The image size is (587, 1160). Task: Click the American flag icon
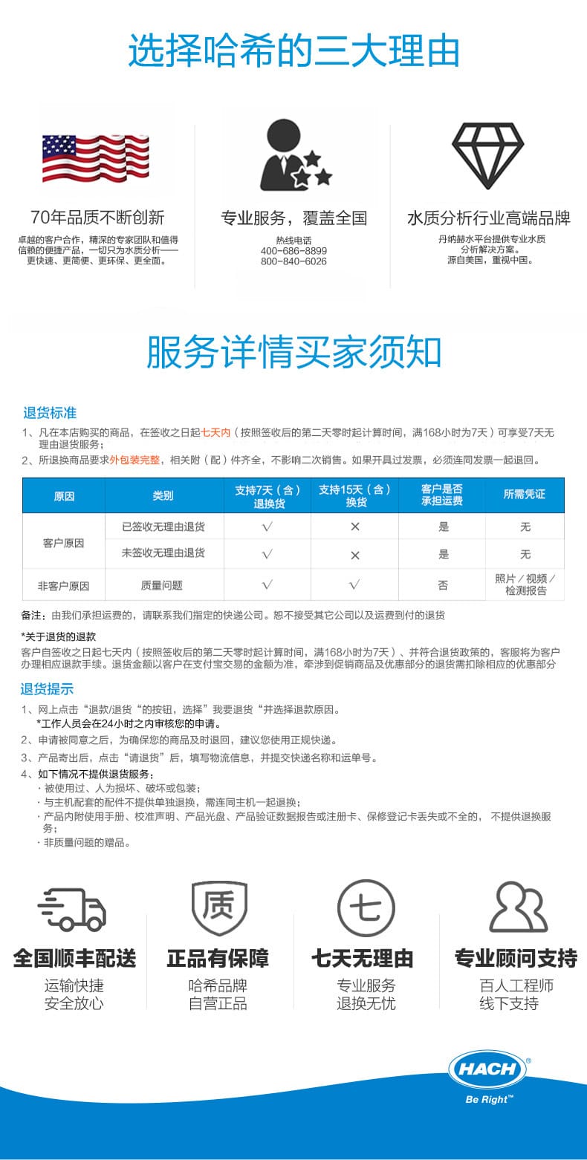click(95, 158)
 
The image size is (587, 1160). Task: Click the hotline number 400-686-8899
click(293, 251)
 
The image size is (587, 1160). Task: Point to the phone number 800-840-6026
click(293, 261)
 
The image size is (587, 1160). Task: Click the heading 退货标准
click(50, 413)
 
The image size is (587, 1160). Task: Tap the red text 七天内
click(215, 432)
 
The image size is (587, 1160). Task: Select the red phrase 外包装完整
click(134, 460)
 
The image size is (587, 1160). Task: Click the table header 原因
click(64, 495)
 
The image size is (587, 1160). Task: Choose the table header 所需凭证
click(525, 495)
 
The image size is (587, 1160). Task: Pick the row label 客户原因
click(64, 543)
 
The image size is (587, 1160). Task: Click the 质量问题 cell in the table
click(162, 585)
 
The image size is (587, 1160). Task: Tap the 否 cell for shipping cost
click(443, 585)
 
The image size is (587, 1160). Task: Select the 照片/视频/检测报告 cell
click(525, 584)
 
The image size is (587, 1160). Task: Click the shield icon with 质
click(218, 907)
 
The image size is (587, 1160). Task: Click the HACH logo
click(487, 1070)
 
